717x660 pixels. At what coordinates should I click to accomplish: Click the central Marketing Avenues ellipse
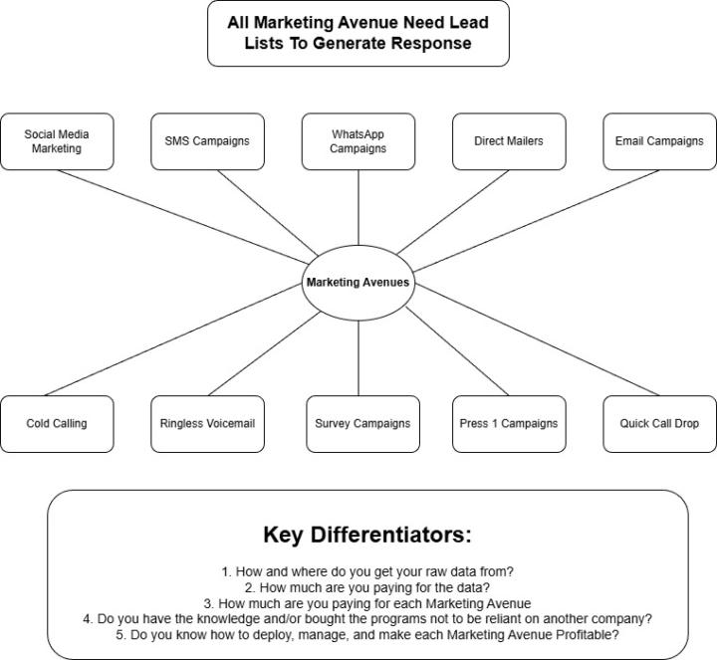(x=358, y=283)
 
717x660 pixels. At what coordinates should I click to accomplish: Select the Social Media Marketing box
(x=57, y=141)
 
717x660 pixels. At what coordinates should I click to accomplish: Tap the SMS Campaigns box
(x=207, y=141)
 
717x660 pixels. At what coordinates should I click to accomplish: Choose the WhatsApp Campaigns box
(x=358, y=141)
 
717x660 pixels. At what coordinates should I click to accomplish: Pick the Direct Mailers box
(x=509, y=141)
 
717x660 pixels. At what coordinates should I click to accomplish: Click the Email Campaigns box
(x=659, y=141)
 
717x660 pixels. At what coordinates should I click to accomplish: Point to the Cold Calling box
(x=57, y=424)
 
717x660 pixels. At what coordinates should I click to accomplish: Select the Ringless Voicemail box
(x=207, y=424)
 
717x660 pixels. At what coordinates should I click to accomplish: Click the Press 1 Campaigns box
(x=509, y=424)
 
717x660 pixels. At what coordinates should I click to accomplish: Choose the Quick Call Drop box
(x=659, y=424)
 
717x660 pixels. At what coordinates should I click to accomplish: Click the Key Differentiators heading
(x=366, y=535)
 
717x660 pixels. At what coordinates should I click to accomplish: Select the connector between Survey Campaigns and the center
(x=358, y=358)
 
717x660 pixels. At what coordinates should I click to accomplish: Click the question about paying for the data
(x=366, y=587)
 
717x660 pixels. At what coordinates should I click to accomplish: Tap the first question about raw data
(x=366, y=571)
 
